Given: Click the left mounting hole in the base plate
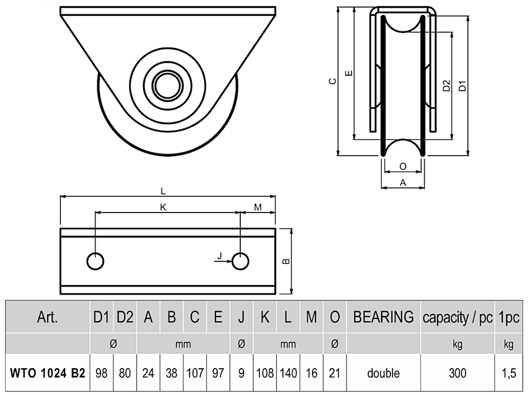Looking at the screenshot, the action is [x=95, y=261].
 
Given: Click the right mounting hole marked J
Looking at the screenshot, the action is [x=240, y=261].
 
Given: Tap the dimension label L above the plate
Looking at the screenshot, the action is [x=163, y=191].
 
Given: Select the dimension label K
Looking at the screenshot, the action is [x=163, y=207].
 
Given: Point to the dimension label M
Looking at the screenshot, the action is [x=258, y=207].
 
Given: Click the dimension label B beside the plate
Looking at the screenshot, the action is [x=286, y=261].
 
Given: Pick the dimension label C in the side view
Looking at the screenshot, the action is [x=333, y=81].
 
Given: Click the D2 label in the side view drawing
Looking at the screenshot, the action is [x=446, y=86].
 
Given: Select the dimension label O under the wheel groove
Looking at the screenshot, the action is [x=403, y=167].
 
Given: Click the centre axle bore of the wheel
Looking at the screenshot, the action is [x=168, y=84].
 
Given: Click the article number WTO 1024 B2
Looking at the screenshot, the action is [x=47, y=373].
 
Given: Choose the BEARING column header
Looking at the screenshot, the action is [x=383, y=317].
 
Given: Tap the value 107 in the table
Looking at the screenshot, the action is [x=195, y=373].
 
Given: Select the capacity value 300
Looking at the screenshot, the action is [x=458, y=373].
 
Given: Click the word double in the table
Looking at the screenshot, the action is [x=383, y=373].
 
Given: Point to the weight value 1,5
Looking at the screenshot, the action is [x=508, y=373].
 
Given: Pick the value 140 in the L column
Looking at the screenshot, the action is [x=288, y=373].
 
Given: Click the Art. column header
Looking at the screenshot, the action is [x=47, y=317].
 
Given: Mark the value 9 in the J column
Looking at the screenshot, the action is [x=241, y=373].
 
